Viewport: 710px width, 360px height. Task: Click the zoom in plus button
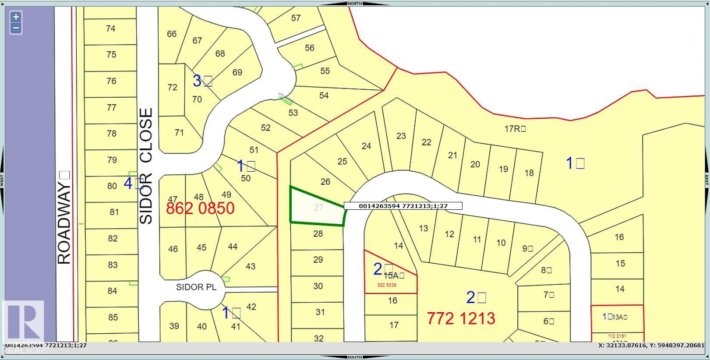16,17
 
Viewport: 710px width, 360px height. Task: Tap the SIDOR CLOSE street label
146,166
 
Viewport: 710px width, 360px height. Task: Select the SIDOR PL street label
196,287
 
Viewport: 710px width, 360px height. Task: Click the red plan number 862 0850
200,208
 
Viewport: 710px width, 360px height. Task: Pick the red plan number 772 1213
461,318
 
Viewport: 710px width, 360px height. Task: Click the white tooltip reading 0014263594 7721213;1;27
403,206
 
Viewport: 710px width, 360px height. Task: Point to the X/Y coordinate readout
651,345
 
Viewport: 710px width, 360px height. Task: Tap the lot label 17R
515,129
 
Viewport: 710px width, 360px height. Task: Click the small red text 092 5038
387,285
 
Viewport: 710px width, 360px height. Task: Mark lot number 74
110,28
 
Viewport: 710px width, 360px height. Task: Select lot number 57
296,18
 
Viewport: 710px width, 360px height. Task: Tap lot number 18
529,173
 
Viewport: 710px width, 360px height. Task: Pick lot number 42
251,307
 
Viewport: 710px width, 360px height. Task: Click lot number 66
172,34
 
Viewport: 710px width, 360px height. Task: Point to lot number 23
401,136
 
